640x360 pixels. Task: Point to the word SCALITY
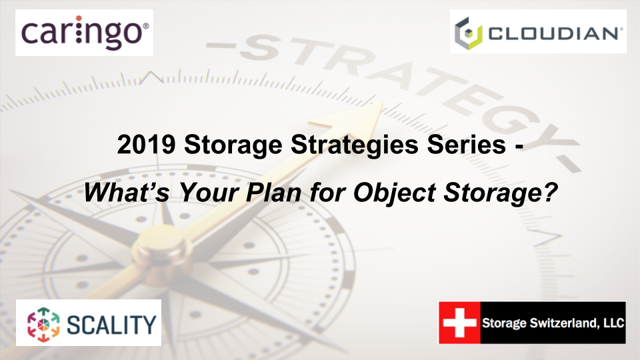pos(111,323)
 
